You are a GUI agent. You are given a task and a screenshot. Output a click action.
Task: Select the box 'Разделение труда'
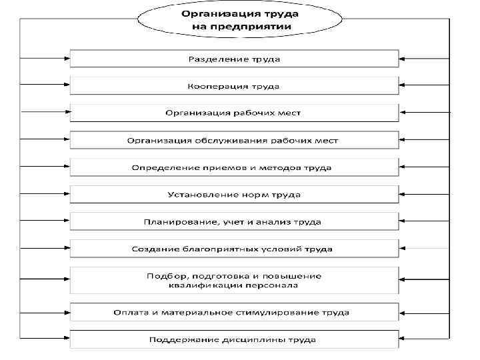234,59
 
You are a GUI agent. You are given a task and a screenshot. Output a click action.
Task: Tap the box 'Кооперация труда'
234,86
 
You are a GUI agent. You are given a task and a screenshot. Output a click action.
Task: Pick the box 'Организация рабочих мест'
234,113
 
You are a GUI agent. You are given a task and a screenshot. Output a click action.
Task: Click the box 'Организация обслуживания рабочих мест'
234,140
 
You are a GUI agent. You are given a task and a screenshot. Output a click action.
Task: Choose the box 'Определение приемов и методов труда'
234,167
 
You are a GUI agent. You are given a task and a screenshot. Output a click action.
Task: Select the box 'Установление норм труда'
234,195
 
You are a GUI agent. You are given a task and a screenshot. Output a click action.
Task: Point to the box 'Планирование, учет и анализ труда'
234,221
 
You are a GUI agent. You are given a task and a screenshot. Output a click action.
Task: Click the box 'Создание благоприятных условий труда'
234,249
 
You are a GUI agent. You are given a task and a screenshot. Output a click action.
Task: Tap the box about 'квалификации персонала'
234,280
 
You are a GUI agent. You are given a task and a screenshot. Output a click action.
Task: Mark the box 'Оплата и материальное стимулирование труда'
234,312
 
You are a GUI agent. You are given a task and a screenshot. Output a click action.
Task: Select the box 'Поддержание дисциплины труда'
234,339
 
